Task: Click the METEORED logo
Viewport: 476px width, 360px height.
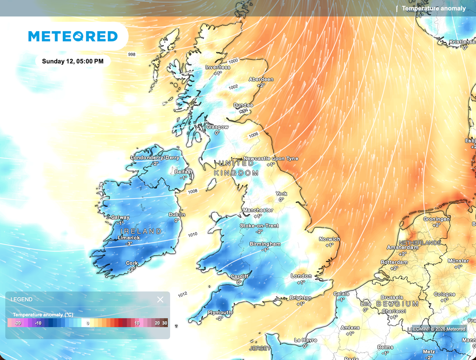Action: pyautogui.click(x=73, y=36)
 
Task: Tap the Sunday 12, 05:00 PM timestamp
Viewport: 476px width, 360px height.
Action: pyautogui.click(x=73, y=61)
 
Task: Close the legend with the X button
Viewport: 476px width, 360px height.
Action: pyautogui.click(x=160, y=300)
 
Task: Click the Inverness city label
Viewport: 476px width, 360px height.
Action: pyautogui.click(x=218, y=67)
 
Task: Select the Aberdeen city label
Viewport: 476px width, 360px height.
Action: pyautogui.click(x=261, y=79)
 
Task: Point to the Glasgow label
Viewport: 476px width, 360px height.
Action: pyautogui.click(x=218, y=127)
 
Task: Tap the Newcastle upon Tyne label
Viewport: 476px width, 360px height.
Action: pyautogui.click(x=271, y=158)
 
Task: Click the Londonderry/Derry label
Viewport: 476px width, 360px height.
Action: pyautogui.click(x=155, y=157)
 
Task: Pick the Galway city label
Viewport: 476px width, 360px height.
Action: pyautogui.click(x=120, y=217)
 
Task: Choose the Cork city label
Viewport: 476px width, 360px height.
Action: pyautogui.click(x=132, y=263)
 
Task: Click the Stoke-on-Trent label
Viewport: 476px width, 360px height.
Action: pyautogui.click(x=259, y=226)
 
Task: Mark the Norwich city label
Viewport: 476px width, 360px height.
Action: pyautogui.click(x=329, y=239)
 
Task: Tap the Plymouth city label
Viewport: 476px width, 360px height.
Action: pyautogui.click(x=219, y=313)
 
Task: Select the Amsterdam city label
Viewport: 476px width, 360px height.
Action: pyautogui.click(x=403, y=248)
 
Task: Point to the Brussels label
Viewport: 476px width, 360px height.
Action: pyautogui.click(x=391, y=297)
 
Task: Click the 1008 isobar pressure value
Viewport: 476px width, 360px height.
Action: pyautogui.click(x=193, y=191)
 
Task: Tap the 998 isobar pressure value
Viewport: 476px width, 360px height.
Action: pyautogui.click(x=132, y=54)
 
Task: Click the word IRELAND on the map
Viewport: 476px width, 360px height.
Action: pyautogui.click(x=141, y=231)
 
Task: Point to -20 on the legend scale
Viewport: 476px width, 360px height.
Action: pyautogui.click(x=18, y=323)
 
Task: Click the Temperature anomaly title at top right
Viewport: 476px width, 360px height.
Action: pyautogui.click(x=433, y=8)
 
